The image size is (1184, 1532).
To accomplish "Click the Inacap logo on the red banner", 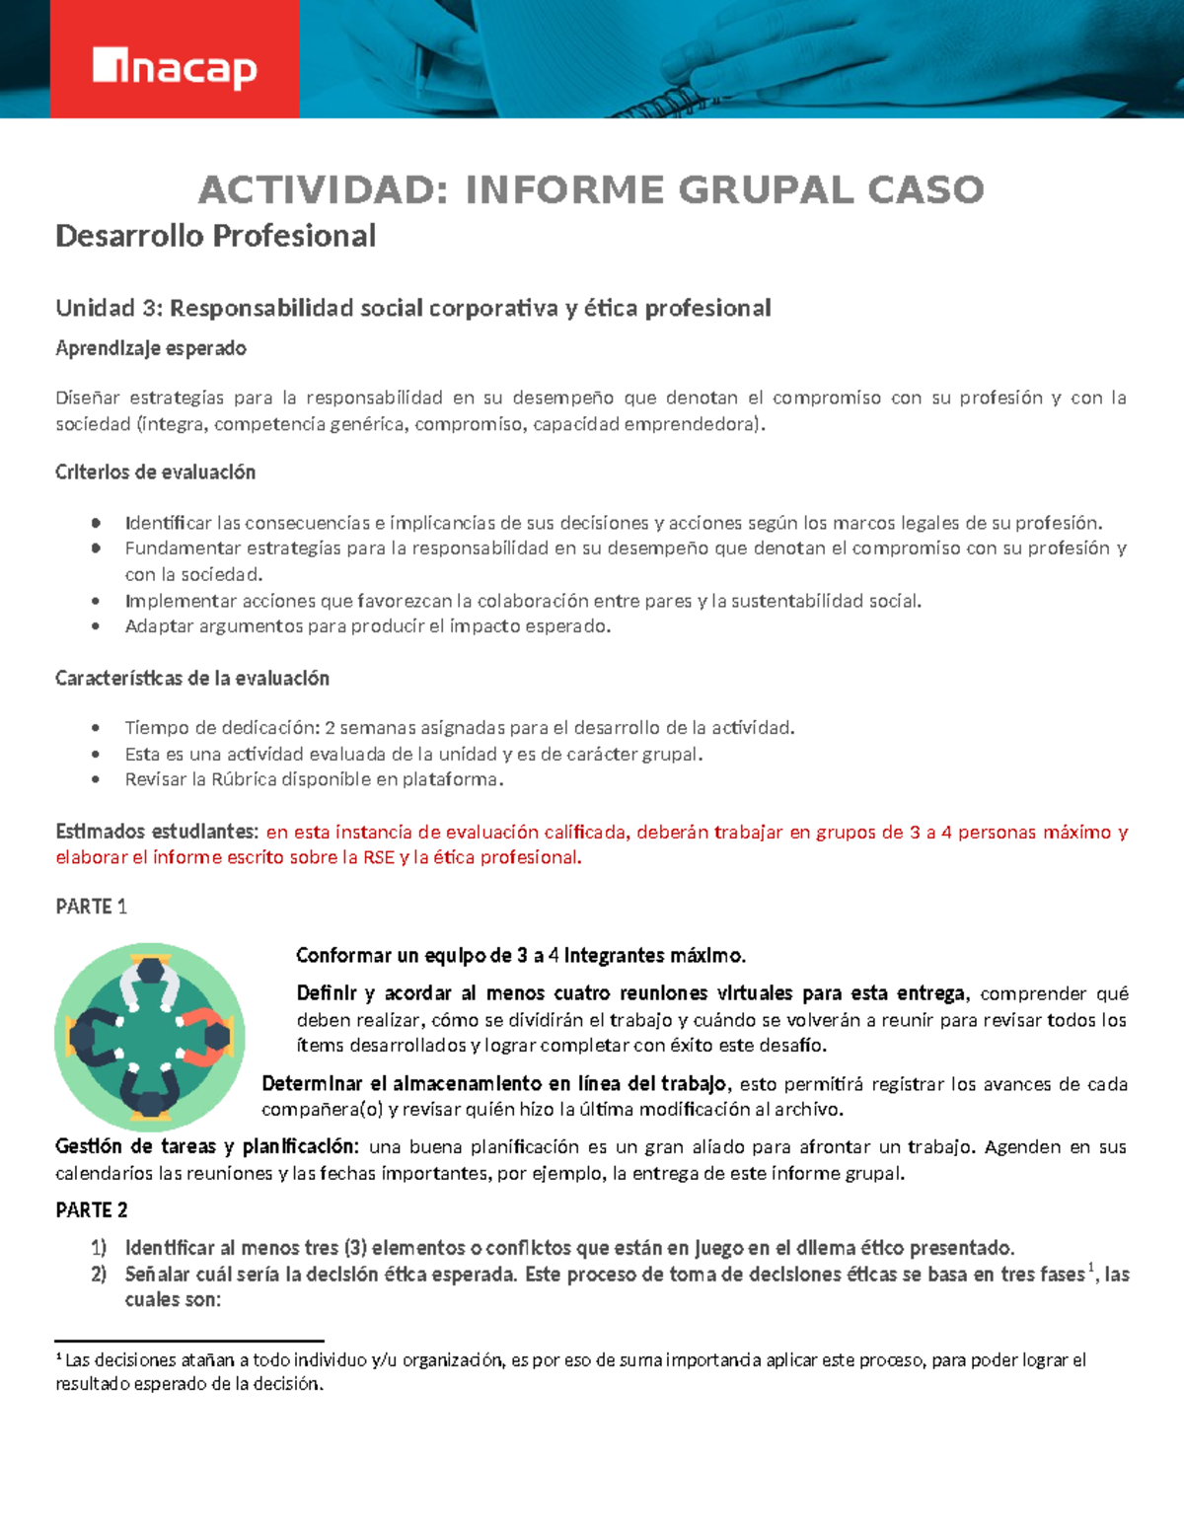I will click(x=175, y=68).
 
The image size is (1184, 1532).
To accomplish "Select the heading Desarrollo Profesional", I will click(x=215, y=236).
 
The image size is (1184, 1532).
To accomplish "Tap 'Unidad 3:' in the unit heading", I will click(x=109, y=309).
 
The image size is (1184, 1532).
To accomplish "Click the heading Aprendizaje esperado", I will click(x=151, y=348).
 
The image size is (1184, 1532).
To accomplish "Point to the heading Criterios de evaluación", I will click(x=155, y=473).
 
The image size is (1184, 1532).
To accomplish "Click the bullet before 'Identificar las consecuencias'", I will click(x=96, y=523).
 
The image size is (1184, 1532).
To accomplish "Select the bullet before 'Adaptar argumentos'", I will click(x=96, y=626).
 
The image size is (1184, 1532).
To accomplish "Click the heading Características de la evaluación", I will click(x=192, y=679).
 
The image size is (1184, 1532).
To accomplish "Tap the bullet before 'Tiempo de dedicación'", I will click(x=96, y=728).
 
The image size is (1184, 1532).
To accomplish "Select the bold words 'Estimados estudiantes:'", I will click(x=157, y=832).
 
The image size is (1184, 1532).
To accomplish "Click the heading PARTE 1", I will click(x=91, y=907).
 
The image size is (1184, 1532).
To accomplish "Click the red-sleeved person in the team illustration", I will click(x=207, y=1036).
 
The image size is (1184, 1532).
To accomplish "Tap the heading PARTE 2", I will click(x=92, y=1210).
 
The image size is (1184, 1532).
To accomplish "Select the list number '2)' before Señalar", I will click(x=99, y=1275).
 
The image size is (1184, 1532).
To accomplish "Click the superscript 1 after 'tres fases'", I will click(x=1092, y=1269).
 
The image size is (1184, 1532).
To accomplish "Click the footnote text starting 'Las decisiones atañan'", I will click(x=572, y=1361).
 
